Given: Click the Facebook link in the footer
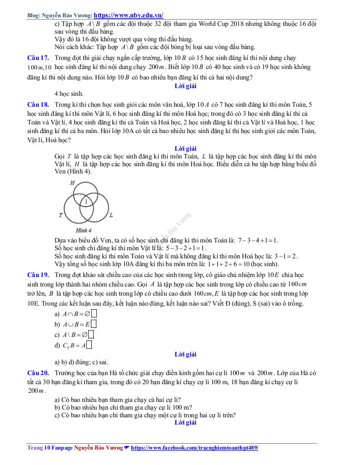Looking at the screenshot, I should (x=194, y=448).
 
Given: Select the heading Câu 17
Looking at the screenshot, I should (x=38, y=58).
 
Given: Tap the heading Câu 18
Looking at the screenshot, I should (x=38, y=104).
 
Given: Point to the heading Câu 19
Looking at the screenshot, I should (x=38, y=275).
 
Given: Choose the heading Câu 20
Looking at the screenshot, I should (x=38, y=373).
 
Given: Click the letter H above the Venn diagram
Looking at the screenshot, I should (x=72, y=183).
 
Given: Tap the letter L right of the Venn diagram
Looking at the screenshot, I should (x=111, y=215).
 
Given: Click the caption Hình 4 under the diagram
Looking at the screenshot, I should (x=84, y=230).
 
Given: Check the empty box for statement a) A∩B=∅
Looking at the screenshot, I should (x=94, y=313).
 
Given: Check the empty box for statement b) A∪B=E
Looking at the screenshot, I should (x=94, y=324).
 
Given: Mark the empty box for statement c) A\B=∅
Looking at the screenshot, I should (x=91, y=335).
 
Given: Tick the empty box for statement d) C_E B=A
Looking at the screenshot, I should (x=89, y=346).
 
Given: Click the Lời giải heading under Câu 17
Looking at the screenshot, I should (x=185, y=85).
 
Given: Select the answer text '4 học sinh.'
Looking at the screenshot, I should (x=69, y=94).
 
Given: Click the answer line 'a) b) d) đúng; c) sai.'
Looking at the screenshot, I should (x=81, y=362).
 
